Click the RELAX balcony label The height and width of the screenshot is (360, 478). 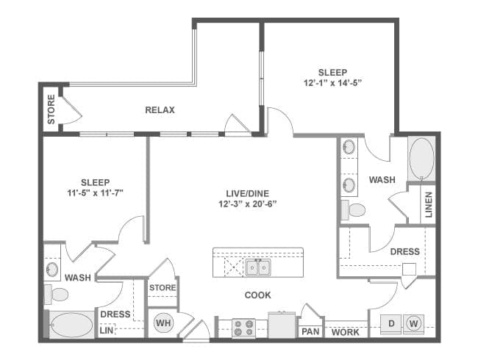pyautogui.click(x=160, y=110)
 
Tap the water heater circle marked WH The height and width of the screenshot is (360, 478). pyautogui.click(x=163, y=322)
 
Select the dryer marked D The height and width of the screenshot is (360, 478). pyautogui.click(x=392, y=323)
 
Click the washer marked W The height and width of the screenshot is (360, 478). pyautogui.click(x=413, y=323)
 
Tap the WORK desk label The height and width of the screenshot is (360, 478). pyautogui.click(x=345, y=332)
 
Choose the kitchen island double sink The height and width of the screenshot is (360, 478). pyautogui.click(x=257, y=267)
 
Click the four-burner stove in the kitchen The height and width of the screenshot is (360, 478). pyautogui.click(x=243, y=328)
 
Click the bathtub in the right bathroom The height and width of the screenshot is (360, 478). pyautogui.click(x=421, y=159)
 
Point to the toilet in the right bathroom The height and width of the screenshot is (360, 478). pyautogui.click(x=355, y=210)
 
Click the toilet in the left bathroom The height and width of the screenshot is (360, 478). pyautogui.click(x=57, y=295)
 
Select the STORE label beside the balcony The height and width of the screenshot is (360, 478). pyautogui.click(x=51, y=108)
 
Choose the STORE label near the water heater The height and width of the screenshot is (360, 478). pyautogui.click(x=163, y=287)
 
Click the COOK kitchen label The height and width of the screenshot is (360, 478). pyautogui.click(x=257, y=295)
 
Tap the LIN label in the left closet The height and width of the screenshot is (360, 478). pyautogui.click(x=106, y=332)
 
